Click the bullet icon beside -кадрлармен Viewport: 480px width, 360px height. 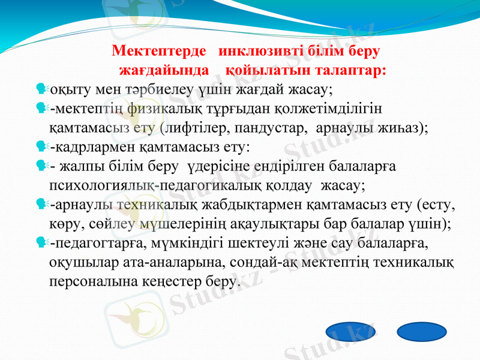point(41,146)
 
